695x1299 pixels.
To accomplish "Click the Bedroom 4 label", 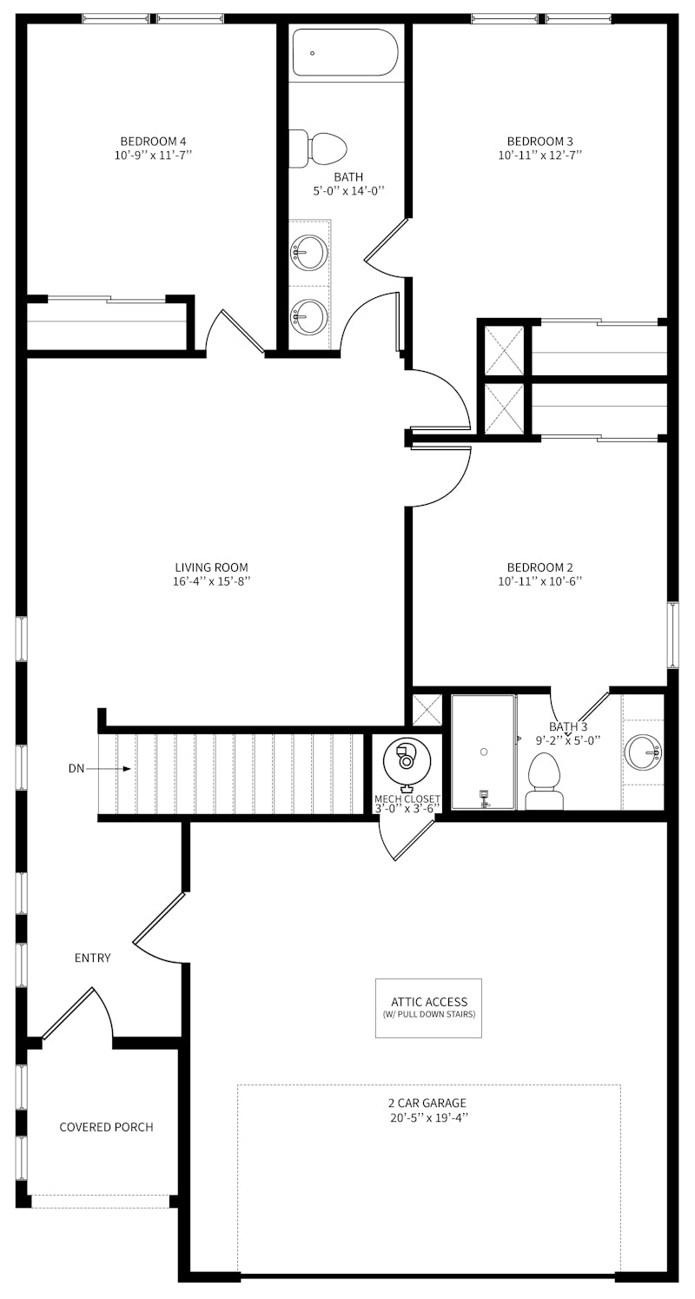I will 153,141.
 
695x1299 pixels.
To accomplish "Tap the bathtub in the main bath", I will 345,53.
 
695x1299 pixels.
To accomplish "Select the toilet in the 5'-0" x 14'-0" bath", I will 321,149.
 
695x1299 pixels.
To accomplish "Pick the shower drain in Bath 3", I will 484,751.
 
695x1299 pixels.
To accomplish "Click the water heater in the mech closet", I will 406,759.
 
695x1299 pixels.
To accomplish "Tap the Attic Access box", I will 428,1007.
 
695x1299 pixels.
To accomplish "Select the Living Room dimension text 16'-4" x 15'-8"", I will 211,581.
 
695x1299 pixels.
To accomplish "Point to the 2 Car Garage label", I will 427,1103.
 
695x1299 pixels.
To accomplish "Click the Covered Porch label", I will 106,1127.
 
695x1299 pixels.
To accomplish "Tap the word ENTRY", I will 93,958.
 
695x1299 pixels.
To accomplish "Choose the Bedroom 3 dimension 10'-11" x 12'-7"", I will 539,156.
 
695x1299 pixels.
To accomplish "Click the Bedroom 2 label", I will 539,567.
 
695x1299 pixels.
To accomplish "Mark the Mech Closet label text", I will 407,799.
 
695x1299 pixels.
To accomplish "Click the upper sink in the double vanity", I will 308,253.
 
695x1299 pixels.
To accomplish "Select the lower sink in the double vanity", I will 308,317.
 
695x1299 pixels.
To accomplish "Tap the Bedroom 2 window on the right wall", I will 672,634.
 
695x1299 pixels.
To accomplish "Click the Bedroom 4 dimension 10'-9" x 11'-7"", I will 153,156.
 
